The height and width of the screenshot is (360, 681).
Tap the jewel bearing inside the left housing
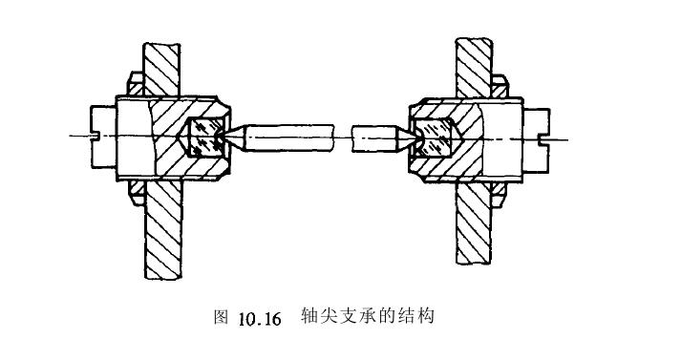point(205,137)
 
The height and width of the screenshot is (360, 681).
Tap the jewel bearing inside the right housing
point(435,138)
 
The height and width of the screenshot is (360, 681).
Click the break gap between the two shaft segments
point(344,138)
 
